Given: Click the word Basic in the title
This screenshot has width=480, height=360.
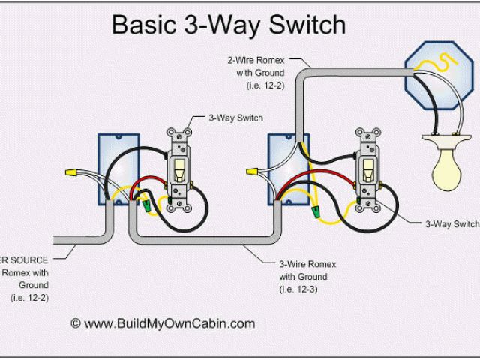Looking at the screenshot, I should point(144,25).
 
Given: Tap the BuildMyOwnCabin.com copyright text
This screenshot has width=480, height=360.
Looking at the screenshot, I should point(163,324).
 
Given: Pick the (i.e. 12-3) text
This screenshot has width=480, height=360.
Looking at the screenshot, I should point(298,289).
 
